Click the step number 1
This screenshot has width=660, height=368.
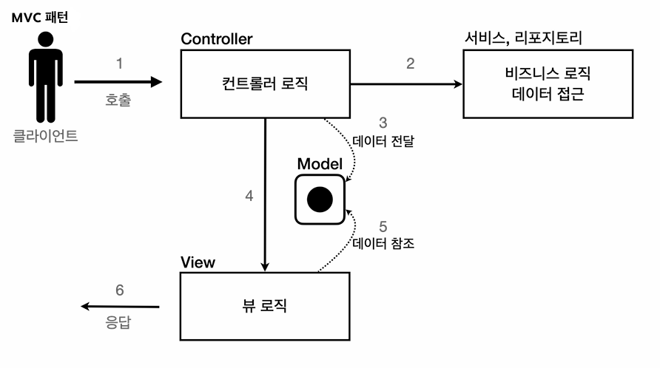[x=119, y=64]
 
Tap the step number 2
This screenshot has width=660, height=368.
[x=410, y=64]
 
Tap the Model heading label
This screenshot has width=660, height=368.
[x=319, y=163]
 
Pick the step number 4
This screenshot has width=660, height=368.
[x=249, y=197]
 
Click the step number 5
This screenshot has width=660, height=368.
[x=383, y=226]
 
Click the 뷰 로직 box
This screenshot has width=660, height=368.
[x=265, y=305]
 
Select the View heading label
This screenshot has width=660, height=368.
[x=198, y=262]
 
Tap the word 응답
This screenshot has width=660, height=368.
[x=119, y=323]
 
